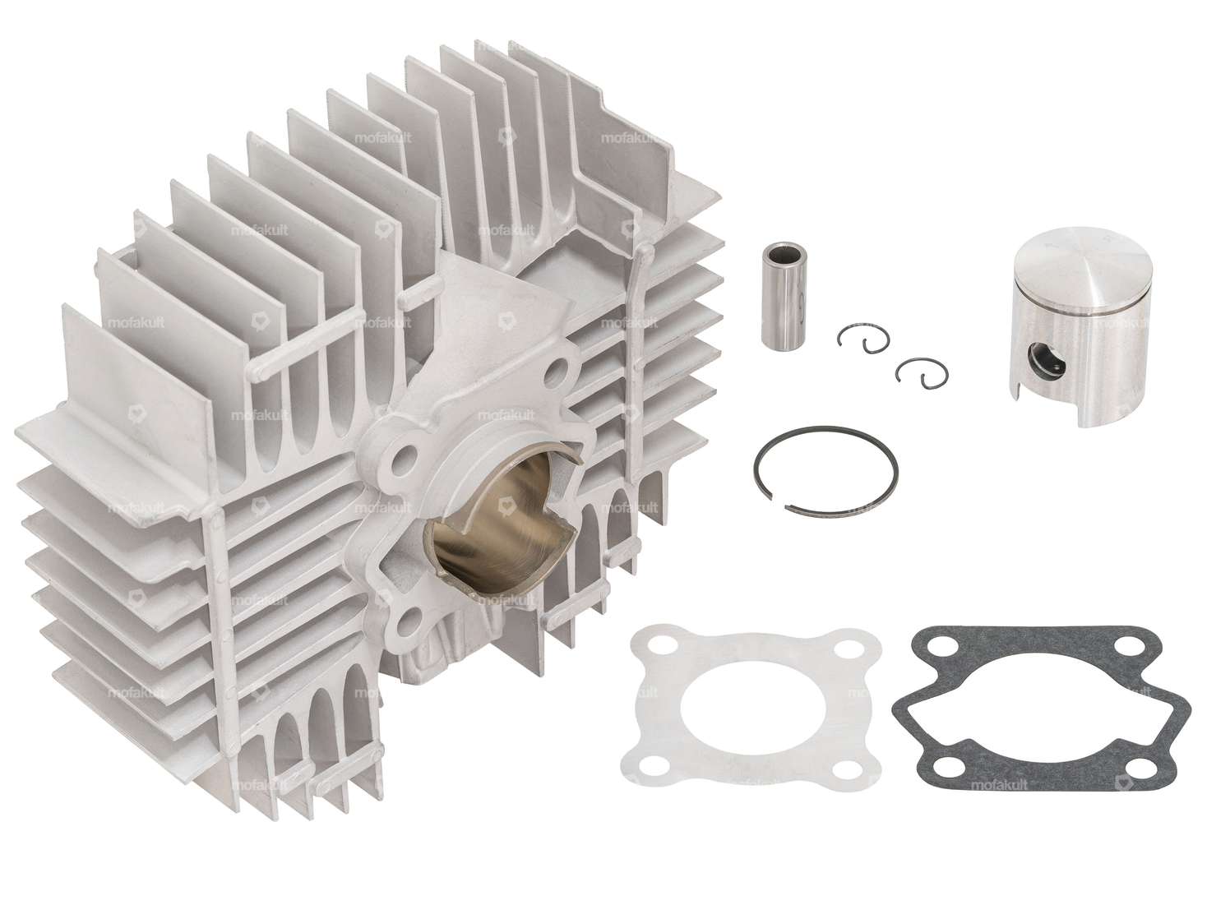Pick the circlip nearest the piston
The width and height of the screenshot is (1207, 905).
[x=912, y=372]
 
